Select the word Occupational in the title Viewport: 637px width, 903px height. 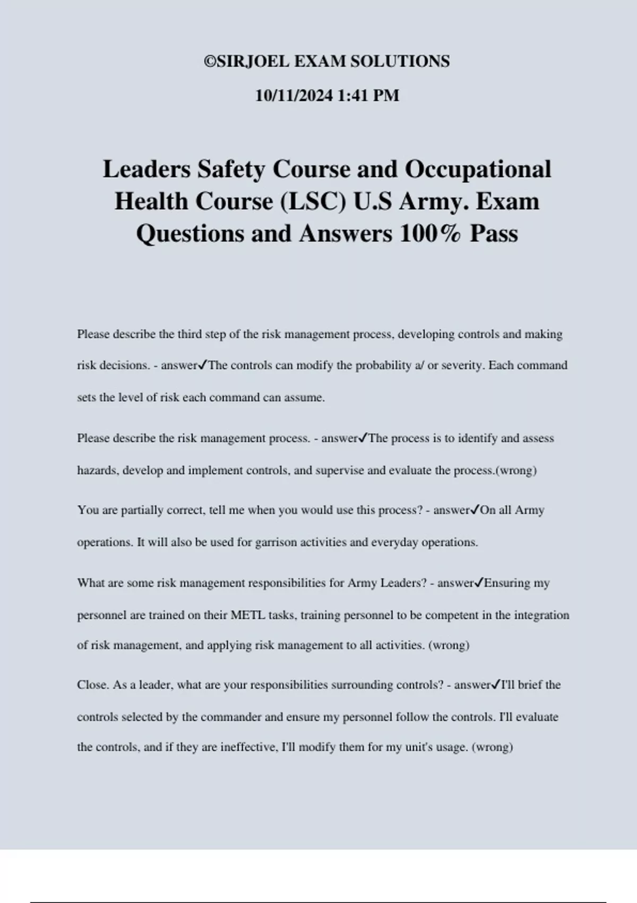(x=478, y=169)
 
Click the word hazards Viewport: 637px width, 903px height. (x=98, y=471)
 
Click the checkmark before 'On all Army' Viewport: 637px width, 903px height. (x=475, y=510)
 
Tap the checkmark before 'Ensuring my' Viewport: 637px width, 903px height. (x=479, y=583)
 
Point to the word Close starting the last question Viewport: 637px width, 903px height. (x=93, y=685)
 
